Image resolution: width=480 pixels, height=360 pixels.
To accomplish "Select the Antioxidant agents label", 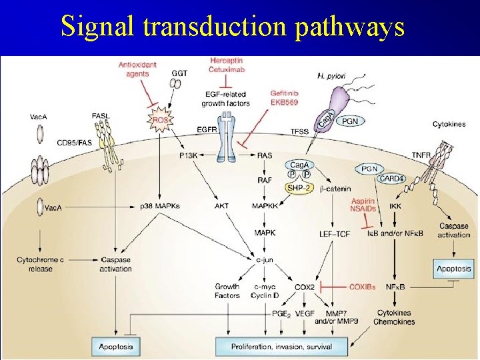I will click(x=138, y=69).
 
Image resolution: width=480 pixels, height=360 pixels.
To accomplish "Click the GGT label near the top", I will click(x=179, y=73).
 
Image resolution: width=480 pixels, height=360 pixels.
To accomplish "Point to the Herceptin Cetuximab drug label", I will click(x=227, y=65).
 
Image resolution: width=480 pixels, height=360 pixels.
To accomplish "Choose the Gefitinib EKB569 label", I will click(x=284, y=98).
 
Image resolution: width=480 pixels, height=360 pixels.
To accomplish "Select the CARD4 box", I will click(x=392, y=178).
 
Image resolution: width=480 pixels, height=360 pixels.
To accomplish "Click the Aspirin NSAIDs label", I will click(x=363, y=205).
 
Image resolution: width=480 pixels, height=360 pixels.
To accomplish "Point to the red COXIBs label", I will click(x=362, y=287).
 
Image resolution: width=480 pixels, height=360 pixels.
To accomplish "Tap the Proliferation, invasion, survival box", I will click(x=281, y=346).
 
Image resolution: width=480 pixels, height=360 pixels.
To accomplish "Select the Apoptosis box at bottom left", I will click(x=116, y=346).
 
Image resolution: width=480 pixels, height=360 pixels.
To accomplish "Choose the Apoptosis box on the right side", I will click(x=453, y=269).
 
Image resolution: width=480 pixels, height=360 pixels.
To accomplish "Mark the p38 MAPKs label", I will click(x=160, y=206).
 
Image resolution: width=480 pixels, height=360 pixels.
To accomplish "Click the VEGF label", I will click(x=305, y=313).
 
